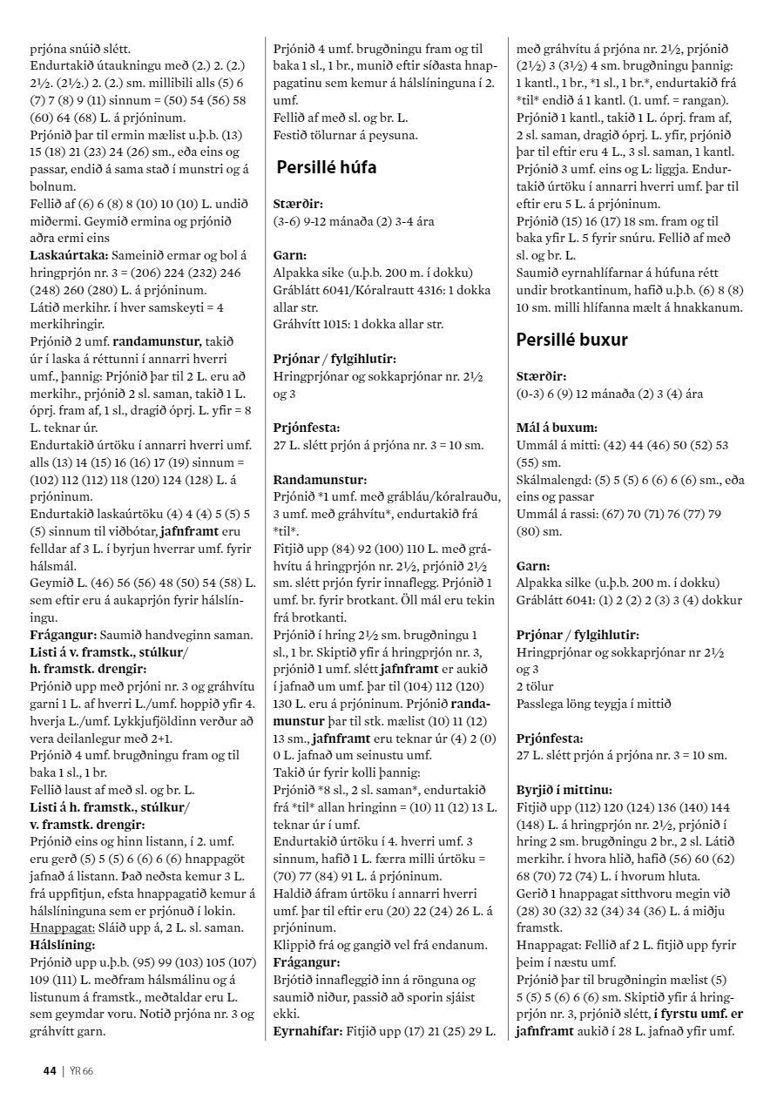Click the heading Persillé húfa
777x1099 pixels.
point(327,167)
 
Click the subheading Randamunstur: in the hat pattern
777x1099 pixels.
point(319,479)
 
